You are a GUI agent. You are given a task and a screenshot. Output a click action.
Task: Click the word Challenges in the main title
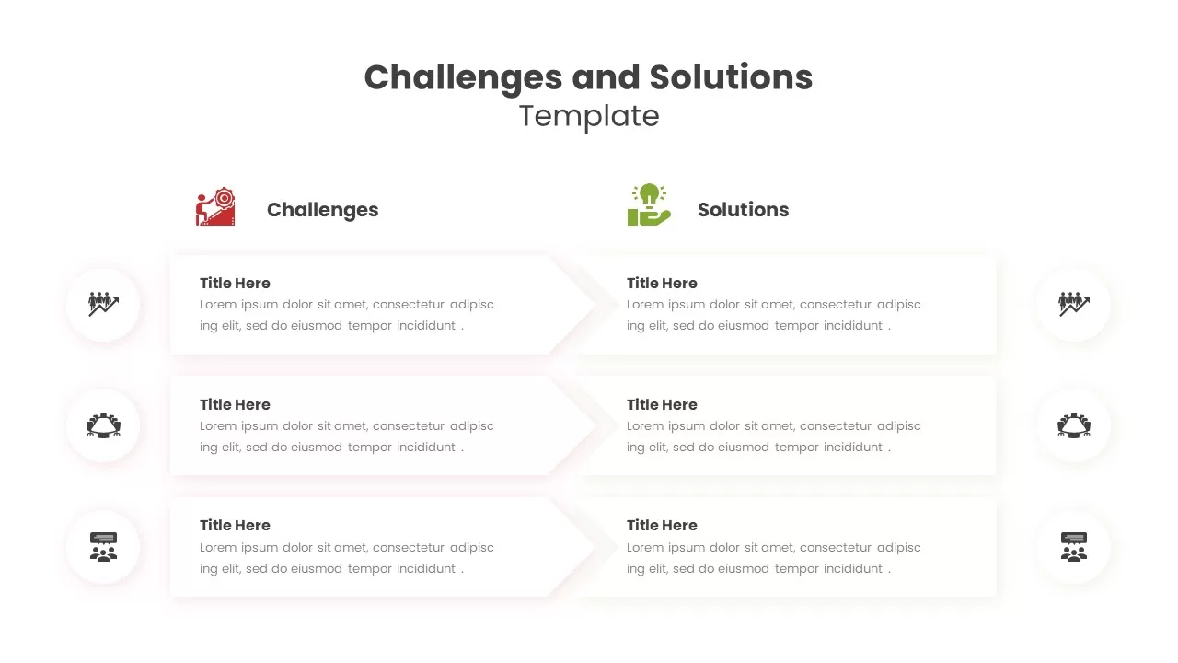point(463,78)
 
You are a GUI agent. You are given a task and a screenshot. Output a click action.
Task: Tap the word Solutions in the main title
point(731,77)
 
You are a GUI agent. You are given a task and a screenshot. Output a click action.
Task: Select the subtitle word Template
point(589,116)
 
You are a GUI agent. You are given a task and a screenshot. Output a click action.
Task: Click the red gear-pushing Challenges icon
point(215,206)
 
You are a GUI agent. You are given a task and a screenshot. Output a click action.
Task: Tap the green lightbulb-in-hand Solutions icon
point(649,204)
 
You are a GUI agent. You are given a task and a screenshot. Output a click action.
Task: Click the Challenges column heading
point(322,209)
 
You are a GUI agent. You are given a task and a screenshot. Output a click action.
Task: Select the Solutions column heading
point(743,209)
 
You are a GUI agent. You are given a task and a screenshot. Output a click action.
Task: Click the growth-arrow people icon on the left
point(104,304)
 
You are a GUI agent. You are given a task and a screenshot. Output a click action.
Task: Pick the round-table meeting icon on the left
point(104,425)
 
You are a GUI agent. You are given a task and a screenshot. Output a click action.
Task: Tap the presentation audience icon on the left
point(104,547)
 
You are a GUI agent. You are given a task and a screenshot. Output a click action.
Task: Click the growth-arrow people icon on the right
point(1074,304)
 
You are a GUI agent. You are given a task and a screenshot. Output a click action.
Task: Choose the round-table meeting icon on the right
point(1074,425)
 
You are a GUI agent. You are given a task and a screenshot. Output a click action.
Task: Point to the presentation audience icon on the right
point(1074,547)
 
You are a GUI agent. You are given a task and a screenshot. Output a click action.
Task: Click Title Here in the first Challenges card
point(235,283)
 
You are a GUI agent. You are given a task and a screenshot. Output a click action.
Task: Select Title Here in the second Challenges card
point(235,404)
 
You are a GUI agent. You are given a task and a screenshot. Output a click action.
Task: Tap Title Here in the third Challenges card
point(235,525)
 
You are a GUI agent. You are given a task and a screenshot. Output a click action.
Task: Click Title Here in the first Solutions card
point(662,283)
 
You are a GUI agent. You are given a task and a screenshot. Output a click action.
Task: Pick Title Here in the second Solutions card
point(662,404)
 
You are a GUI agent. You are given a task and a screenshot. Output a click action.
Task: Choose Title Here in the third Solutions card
point(662,525)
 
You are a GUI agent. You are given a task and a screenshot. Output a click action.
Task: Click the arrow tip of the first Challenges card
point(595,305)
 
